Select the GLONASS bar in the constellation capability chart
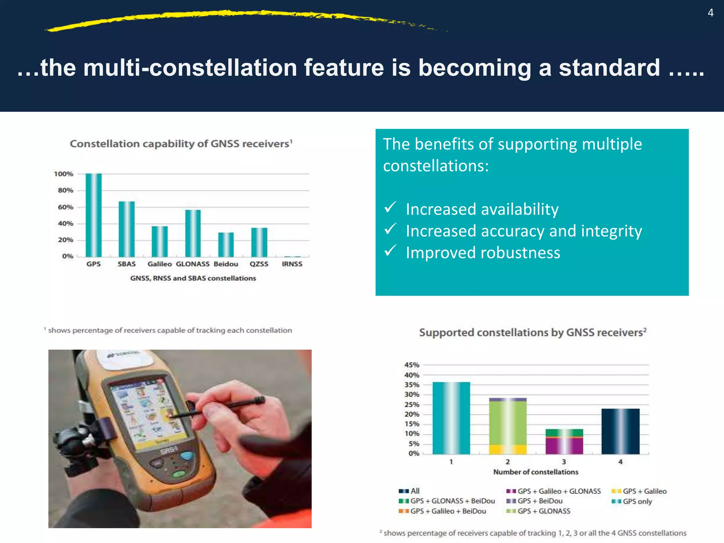pyautogui.click(x=193, y=233)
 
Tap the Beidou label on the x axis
pyautogui.click(x=226, y=264)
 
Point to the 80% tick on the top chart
pyautogui.click(x=65, y=190)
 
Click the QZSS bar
pyautogui.click(x=259, y=242)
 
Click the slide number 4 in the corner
pyautogui.click(x=711, y=13)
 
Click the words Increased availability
pyautogui.click(x=482, y=209)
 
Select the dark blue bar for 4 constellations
pyautogui.click(x=620, y=431)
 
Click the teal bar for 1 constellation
pyautogui.click(x=451, y=418)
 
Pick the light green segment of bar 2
pyautogui.click(x=508, y=422)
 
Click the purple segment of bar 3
pyautogui.click(x=564, y=446)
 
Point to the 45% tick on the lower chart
pyautogui.click(x=412, y=365)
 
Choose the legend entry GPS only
pyautogui.click(x=637, y=501)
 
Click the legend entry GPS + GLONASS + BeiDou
pyautogui.click(x=452, y=501)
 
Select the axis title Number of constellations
pyautogui.click(x=536, y=472)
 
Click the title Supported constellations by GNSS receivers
pyautogui.click(x=532, y=333)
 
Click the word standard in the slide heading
pyautogui.click(x=609, y=67)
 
